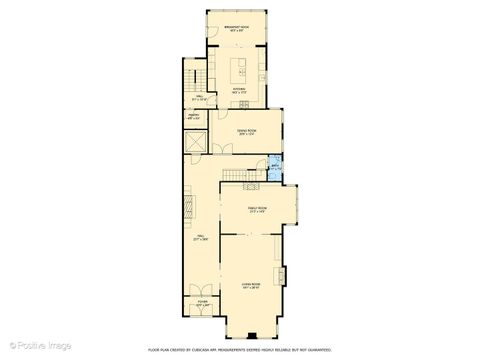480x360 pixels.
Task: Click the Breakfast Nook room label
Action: (238, 30)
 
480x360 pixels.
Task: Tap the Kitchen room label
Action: (239, 92)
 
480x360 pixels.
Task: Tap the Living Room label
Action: (250, 286)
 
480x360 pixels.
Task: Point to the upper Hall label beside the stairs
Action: (199, 98)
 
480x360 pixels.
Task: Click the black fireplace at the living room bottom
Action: (251, 335)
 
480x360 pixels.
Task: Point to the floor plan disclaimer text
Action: (241, 349)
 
